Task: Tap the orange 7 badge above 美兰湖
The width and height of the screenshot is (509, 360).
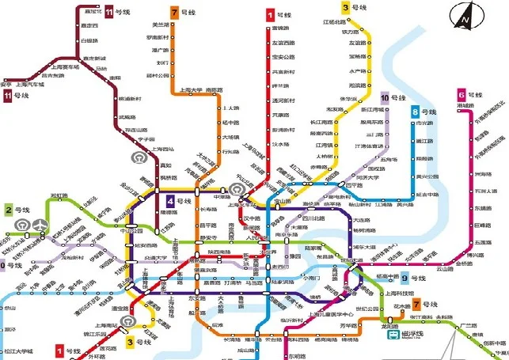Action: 173,13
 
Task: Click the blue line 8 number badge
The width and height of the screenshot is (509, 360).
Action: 415,112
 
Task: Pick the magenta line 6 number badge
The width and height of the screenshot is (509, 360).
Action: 461,95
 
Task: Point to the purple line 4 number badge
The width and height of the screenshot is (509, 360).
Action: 169,201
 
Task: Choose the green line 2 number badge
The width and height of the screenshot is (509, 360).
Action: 8,210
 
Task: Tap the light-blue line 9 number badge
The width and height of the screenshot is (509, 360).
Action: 405,277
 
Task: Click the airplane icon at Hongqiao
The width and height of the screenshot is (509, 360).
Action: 40,225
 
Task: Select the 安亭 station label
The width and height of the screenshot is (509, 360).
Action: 6,82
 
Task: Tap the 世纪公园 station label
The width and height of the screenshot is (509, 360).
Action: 368,309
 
